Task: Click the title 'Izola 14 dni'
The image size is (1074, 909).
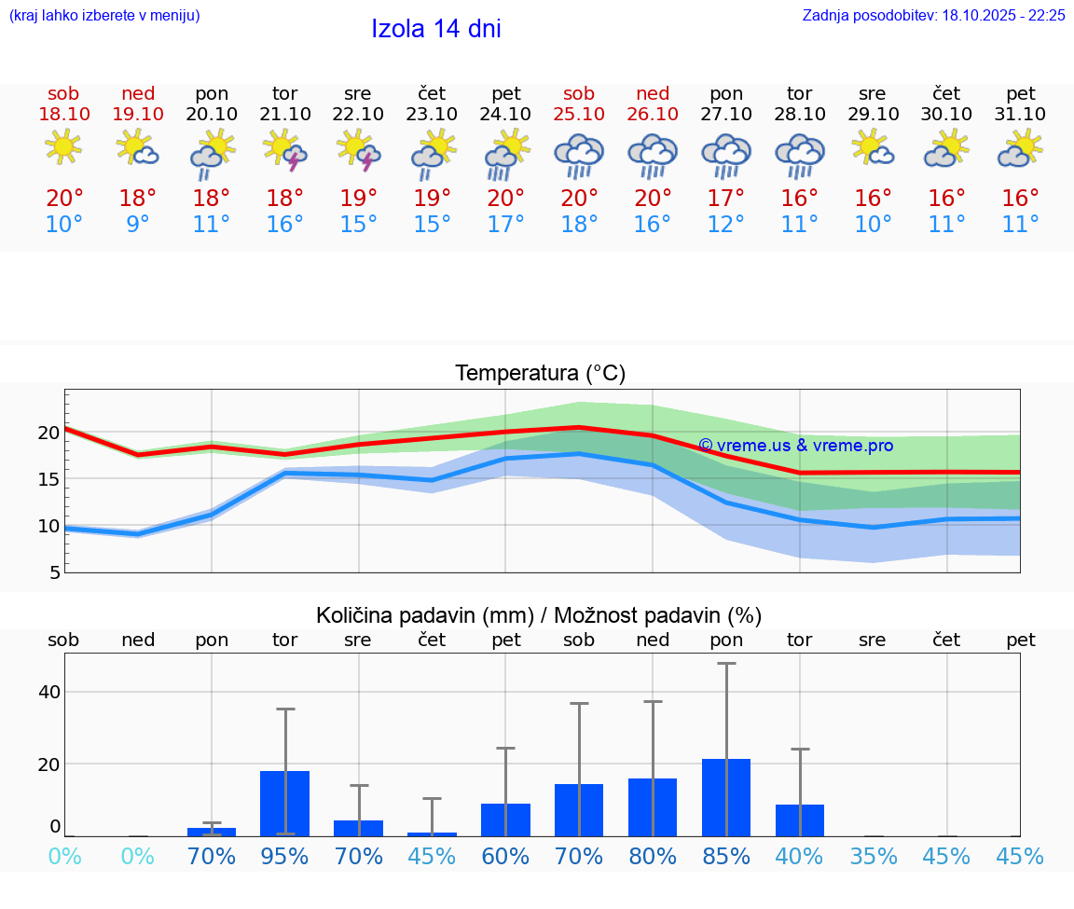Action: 436,29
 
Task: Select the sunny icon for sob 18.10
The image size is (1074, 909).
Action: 63,147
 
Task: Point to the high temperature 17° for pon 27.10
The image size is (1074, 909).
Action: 726,199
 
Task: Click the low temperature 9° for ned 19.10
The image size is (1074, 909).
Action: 137,225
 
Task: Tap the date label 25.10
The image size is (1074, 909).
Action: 579,115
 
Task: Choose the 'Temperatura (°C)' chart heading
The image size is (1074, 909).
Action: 540,374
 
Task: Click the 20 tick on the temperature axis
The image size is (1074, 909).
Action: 49,433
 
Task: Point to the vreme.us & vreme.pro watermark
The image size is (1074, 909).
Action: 795,446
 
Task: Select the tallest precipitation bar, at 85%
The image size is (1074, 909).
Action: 726,797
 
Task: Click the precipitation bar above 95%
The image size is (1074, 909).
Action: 284,803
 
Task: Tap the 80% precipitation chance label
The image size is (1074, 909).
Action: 653,856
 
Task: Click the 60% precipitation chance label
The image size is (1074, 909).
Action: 505,856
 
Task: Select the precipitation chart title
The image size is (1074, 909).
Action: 539,615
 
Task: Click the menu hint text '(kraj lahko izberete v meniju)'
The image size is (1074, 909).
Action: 104,16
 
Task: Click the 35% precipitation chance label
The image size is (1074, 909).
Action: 874,856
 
